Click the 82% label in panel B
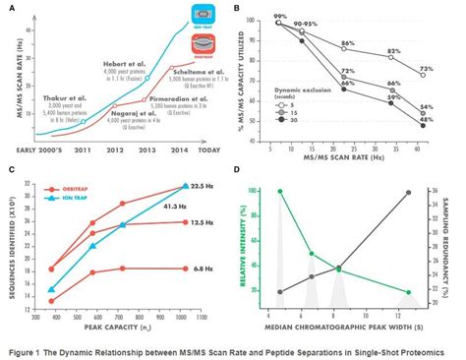393,50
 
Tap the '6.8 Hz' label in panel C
204,267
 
